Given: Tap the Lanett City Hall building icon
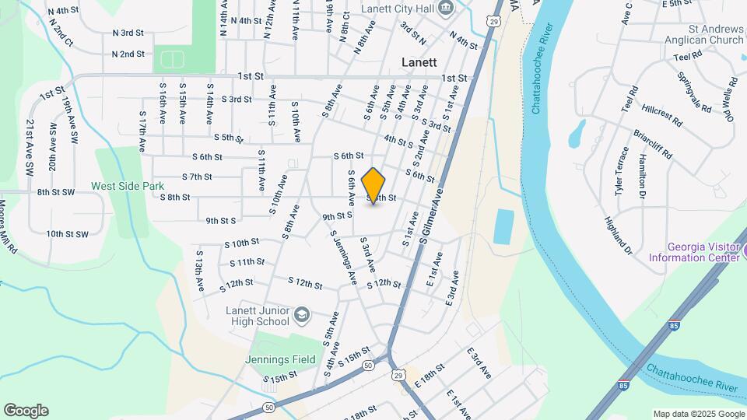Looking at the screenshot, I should pyautogui.click(x=446, y=9).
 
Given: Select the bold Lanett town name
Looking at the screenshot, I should pyautogui.click(x=419, y=62).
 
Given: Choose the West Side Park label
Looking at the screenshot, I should pyautogui.click(x=128, y=186).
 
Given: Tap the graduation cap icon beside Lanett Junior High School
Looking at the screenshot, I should pyautogui.click(x=302, y=316).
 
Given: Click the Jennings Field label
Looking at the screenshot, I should pyautogui.click(x=280, y=359).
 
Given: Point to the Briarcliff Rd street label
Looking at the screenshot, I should pyautogui.click(x=652, y=143).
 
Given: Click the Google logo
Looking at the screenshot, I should pyautogui.click(x=26, y=411).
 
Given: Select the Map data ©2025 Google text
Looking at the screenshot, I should pyautogui.click(x=698, y=414).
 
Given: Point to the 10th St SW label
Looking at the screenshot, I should pyautogui.click(x=68, y=233).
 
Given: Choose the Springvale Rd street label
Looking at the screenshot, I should pyautogui.click(x=694, y=93).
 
